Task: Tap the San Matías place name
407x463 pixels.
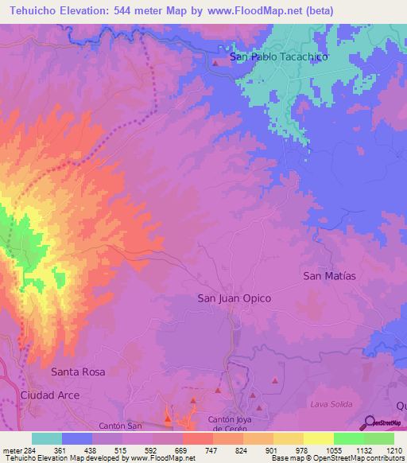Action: point(329,275)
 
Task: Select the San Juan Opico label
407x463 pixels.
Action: point(234,298)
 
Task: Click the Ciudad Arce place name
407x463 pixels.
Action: point(50,395)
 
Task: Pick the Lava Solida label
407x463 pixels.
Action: point(331,405)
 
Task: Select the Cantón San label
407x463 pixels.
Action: point(120,426)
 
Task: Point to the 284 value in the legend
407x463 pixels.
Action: point(29,449)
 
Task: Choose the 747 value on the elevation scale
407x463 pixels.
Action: point(211,449)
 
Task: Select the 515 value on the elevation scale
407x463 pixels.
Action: point(121,449)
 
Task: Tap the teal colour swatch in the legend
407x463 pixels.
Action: point(46,438)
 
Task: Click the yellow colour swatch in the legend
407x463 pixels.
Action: point(318,438)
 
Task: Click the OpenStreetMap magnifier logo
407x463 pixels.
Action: point(369,423)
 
